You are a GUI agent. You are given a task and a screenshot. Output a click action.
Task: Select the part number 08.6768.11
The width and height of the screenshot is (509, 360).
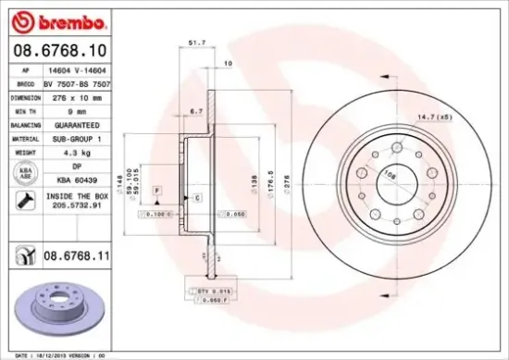[x=72, y=253]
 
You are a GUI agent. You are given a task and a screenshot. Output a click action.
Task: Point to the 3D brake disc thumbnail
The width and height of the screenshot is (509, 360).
[x=60, y=310]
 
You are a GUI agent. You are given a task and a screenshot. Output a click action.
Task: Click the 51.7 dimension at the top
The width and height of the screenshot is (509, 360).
[x=196, y=43]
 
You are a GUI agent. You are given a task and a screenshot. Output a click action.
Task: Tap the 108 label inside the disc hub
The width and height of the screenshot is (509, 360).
[x=389, y=172]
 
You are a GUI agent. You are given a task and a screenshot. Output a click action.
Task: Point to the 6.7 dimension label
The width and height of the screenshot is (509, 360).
[x=196, y=111]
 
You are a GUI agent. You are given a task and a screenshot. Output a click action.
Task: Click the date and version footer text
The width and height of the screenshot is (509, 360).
[x=56, y=354]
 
